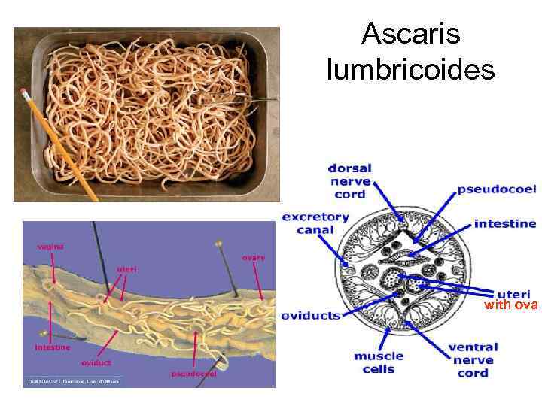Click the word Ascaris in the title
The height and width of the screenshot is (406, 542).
410,34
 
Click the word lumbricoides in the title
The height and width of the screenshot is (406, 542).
410,70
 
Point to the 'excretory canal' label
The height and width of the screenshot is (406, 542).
315,223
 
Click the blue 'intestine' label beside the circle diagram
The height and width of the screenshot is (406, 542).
504,223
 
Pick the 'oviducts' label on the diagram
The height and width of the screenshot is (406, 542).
310,316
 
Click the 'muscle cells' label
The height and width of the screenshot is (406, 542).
379,362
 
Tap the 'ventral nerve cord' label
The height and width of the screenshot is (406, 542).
473,360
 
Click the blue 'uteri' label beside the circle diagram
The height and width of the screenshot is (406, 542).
514,294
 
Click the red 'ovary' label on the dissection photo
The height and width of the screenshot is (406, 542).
253,257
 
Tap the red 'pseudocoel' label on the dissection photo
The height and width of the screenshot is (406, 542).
194,374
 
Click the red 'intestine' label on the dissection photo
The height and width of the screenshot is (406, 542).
53,347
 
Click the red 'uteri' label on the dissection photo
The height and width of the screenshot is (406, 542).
126,269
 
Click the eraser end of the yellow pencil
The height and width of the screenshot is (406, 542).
25,92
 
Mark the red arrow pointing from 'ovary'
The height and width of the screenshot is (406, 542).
258,282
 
